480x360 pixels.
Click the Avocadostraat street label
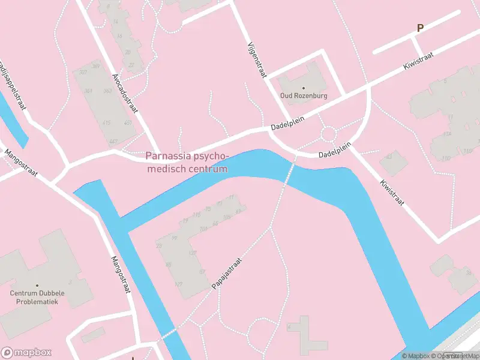(125, 94)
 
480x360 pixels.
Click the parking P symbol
(421, 28)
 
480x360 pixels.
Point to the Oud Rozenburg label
(303, 95)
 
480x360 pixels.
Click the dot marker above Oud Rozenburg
(303, 88)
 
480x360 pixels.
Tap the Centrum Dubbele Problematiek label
(37, 297)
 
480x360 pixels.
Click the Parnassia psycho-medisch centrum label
(187, 163)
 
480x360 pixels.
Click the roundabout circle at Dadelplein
(329, 133)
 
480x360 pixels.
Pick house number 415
(107, 123)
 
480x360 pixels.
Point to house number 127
(178, 284)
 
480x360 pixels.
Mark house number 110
(446, 158)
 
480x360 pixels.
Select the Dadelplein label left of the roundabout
(287, 124)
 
